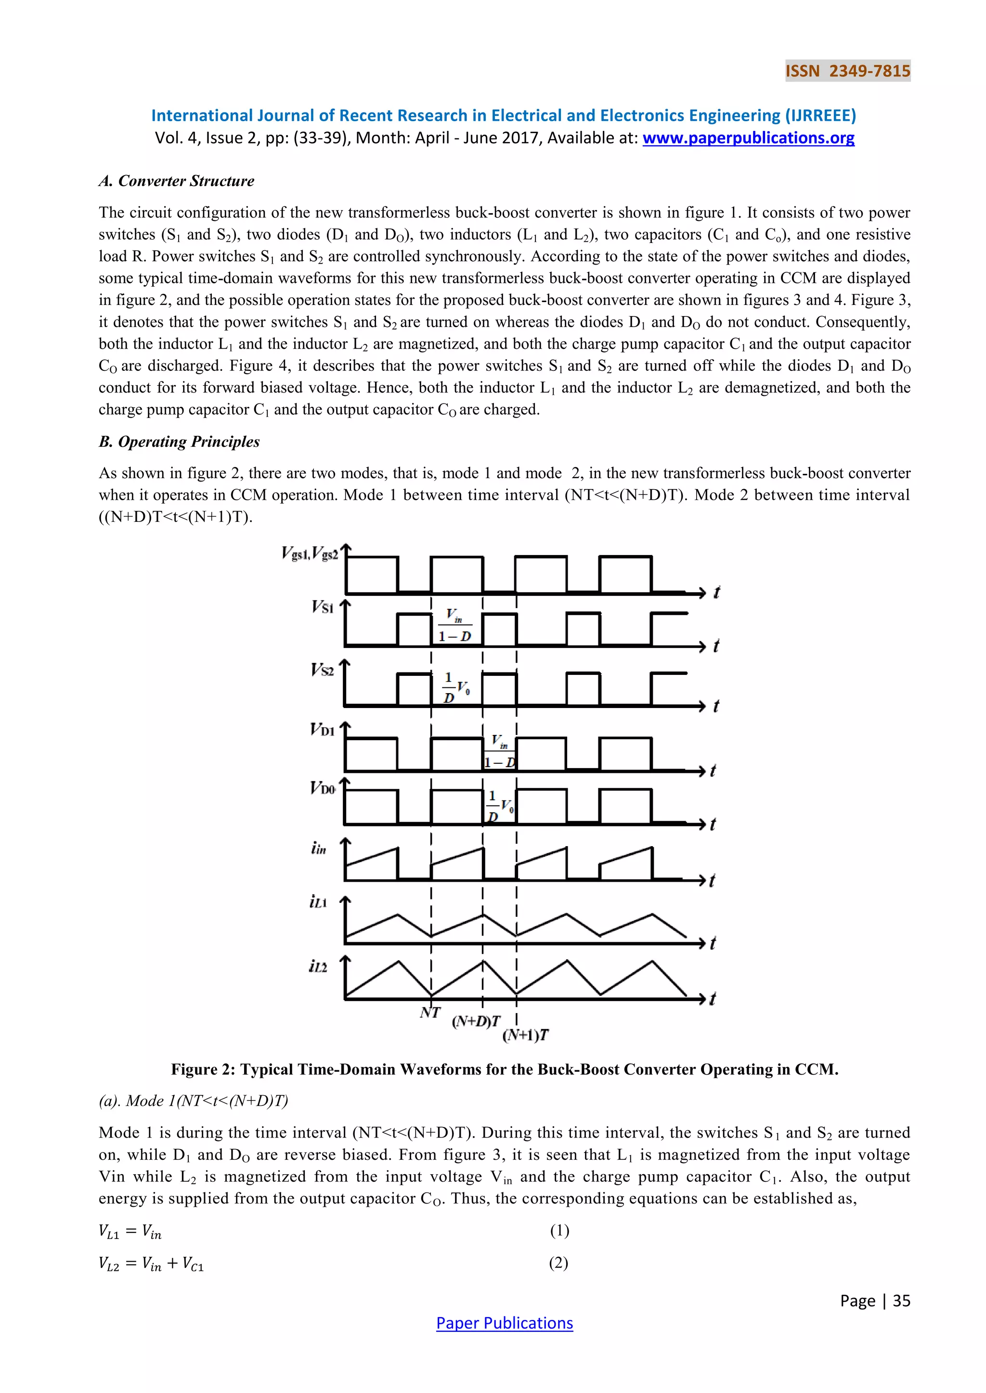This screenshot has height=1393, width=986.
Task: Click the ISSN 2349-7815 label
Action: coord(847,71)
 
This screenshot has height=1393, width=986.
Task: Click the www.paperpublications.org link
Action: coord(748,139)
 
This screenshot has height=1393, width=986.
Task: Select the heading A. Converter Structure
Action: coord(176,181)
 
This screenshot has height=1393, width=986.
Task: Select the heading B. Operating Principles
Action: coord(179,442)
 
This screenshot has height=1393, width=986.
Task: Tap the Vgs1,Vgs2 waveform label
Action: coord(310,553)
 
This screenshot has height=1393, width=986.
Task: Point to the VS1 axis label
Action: coord(323,607)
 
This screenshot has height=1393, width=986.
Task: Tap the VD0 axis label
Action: coord(323,788)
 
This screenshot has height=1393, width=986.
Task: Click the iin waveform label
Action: coord(319,848)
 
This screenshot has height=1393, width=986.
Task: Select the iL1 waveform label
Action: coord(318,902)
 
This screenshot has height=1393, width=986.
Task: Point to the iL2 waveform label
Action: coord(318,966)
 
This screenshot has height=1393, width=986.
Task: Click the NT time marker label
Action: coord(430,1013)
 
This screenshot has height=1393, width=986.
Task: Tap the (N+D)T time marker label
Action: coord(476,1022)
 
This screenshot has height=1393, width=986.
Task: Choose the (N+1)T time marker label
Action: coord(526,1035)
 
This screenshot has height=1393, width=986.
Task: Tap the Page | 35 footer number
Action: coord(875,1301)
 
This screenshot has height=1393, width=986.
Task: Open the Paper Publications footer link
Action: coord(504,1323)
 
